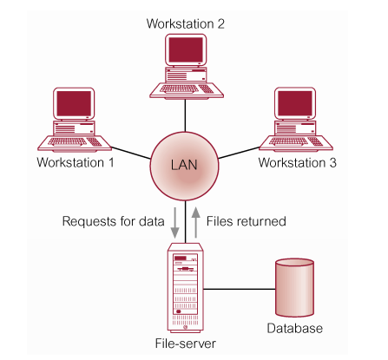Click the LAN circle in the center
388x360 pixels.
tap(183, 166)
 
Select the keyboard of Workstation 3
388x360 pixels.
tap(298, 140)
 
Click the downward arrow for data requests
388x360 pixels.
tap(176, 220)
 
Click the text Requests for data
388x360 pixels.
tap(113, 221)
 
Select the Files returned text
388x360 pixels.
tap(245, 221)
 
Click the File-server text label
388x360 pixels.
tap(184, 344)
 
